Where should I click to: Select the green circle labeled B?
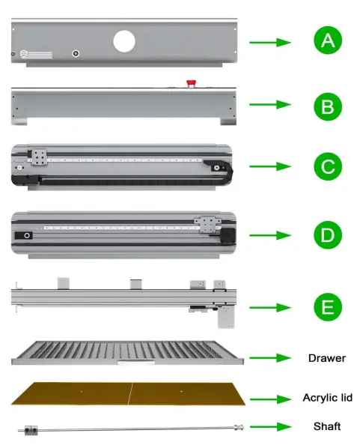pos(327,106)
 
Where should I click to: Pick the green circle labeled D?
pos(327,234)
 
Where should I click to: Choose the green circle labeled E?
pos(327,306)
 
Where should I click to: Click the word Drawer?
pos(326,358)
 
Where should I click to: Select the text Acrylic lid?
pos(326,398)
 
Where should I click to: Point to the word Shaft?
pos(326,426)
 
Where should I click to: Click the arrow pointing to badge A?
pos(269,43)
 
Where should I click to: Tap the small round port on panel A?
pos(76,54)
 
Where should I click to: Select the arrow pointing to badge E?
pos(269,306)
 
